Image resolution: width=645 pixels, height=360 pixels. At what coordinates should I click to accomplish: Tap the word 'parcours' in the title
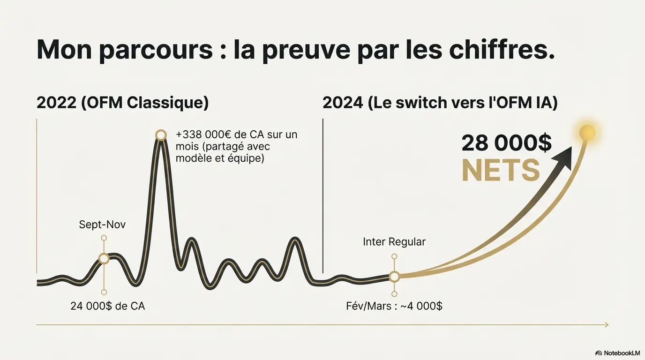pyautogui.click(x=156, y=50)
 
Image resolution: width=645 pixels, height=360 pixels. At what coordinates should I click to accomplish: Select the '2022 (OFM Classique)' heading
pyautogui.click(x=123, y=103)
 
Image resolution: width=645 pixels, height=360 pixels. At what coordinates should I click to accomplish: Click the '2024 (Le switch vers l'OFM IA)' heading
pyautogui.click(x=440, y=103)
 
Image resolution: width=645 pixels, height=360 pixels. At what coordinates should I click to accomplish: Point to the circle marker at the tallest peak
pyautogui.click(x=161, y=135)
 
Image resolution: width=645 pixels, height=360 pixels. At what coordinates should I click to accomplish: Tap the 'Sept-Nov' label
pyautogui.click(x=102, y=225)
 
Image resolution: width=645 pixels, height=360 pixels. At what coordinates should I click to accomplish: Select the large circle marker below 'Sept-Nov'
pyautogui.click(x=104, y=258)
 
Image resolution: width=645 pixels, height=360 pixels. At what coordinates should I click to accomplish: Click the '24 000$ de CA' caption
pyautogui.click(x=107, y=306)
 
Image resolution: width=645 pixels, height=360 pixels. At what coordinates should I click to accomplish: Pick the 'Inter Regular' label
pyautogui.click(x=394, y=242)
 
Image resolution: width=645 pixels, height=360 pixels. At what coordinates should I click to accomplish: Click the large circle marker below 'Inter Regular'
pyautogui.click(x=394, y=277)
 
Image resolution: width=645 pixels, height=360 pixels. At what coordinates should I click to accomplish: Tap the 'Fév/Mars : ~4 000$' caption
pyautogui.click(x=394, y=306)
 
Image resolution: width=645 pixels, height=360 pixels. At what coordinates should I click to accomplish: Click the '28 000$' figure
pyautogui.click(x=506, y=143)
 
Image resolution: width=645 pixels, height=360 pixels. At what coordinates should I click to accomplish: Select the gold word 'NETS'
pyautogui.click(x=501, y=171)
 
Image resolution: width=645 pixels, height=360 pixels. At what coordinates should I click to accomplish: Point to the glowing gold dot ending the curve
pyautogui.click(x=587, y=133)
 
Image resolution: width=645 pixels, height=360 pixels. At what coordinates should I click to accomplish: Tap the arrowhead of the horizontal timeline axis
pyautogui.click(x=606, y=324)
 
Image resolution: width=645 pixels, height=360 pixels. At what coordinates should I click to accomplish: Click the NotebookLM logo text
pyautogui.click(x=621, y=352)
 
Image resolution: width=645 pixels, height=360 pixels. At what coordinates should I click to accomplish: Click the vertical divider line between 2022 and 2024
pyautogui.click(x=323, y=197)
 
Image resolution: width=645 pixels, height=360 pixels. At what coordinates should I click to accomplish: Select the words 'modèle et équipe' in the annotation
pyautogui.click(x=220, y=158)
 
